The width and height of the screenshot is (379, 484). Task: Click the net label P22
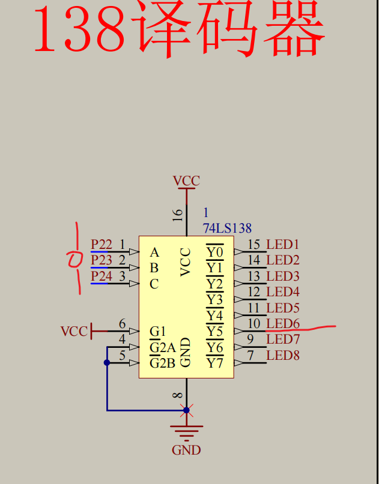click(101, 244)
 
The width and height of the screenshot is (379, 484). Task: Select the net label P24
click(101, 276)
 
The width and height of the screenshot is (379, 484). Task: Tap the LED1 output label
click(283, 244)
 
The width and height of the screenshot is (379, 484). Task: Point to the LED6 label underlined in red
click(283, 324)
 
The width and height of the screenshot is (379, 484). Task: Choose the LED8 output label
click(283, 356)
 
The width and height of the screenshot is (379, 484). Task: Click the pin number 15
click(254, 244)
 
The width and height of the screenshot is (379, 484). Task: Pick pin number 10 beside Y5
click(254, 324)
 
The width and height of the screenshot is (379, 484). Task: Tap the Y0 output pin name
click(214, 252)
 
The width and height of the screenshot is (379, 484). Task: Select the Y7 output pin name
click(214, 363)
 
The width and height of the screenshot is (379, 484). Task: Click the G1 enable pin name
click(157, 332)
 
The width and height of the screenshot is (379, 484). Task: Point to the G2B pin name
click(162, 363)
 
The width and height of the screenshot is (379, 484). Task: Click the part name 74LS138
click(228, 229)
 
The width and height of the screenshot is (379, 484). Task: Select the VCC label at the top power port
click(186, 181)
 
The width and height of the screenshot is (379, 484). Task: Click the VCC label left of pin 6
click(74, 331)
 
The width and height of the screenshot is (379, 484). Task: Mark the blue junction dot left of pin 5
click(107, 362)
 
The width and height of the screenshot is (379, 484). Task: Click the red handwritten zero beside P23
click(75, 260)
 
